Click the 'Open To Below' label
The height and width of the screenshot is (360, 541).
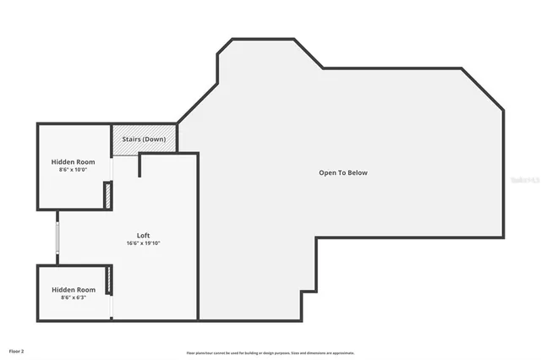[x=343, y=172]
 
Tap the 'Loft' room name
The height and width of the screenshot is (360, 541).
[x=144, y=235]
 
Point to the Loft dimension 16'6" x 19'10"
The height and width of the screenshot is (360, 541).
[x=144, y=243]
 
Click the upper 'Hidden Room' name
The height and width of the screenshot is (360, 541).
[x=73, y=161]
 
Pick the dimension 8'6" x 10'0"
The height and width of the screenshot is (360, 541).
[x=73, y=170]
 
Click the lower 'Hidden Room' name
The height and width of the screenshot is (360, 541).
[x=73, y=289]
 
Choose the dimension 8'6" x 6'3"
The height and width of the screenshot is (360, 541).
[x=73, y=297]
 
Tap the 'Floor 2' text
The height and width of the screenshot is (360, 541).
[x=17, y=350]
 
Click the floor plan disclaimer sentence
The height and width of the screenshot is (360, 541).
[x=270, y=352]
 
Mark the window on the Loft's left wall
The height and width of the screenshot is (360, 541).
[x=57, y=237]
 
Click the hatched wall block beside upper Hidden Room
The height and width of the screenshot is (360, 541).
[x=107, y=195]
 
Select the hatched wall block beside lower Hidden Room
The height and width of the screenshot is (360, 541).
[x=109, y=281]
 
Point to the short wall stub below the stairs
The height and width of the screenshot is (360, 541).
[x=139, y=165]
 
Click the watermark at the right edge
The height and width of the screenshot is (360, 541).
[x=526, y=180]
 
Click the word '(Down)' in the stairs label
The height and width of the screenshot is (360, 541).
[x=155, y=139]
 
